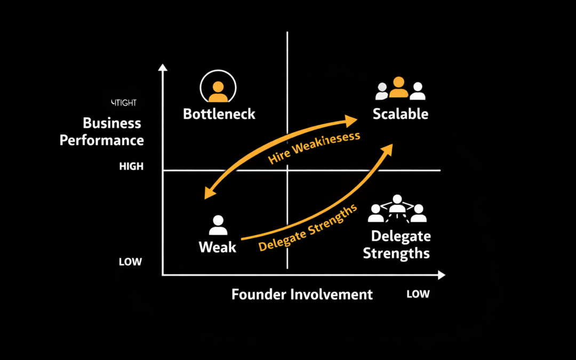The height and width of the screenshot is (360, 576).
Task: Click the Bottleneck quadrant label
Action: [219, 114]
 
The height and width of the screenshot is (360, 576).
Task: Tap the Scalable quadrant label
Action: [400, 114]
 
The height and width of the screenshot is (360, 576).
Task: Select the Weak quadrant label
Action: [217, 247]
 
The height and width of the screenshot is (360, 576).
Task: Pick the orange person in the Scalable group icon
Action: [398, 88]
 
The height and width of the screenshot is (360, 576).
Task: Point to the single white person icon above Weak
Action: [218, 226]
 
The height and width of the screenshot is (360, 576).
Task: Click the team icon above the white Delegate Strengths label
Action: [397, 210]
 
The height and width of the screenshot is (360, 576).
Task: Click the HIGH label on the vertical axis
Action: [131, 166]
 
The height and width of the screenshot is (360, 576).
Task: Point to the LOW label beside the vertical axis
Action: [130, 262]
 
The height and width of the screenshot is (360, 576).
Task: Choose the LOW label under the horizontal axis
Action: [418, 294]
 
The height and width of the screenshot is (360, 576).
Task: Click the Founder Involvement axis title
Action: [302, 294]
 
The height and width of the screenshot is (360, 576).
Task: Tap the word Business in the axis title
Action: [112, 123]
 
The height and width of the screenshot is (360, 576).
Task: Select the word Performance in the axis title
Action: [102, 140]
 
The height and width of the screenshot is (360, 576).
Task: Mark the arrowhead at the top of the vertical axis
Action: [163, 68]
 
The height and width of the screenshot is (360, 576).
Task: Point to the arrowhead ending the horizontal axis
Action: [441, 275]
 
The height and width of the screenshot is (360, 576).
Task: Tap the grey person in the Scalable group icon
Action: [382, 91]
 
